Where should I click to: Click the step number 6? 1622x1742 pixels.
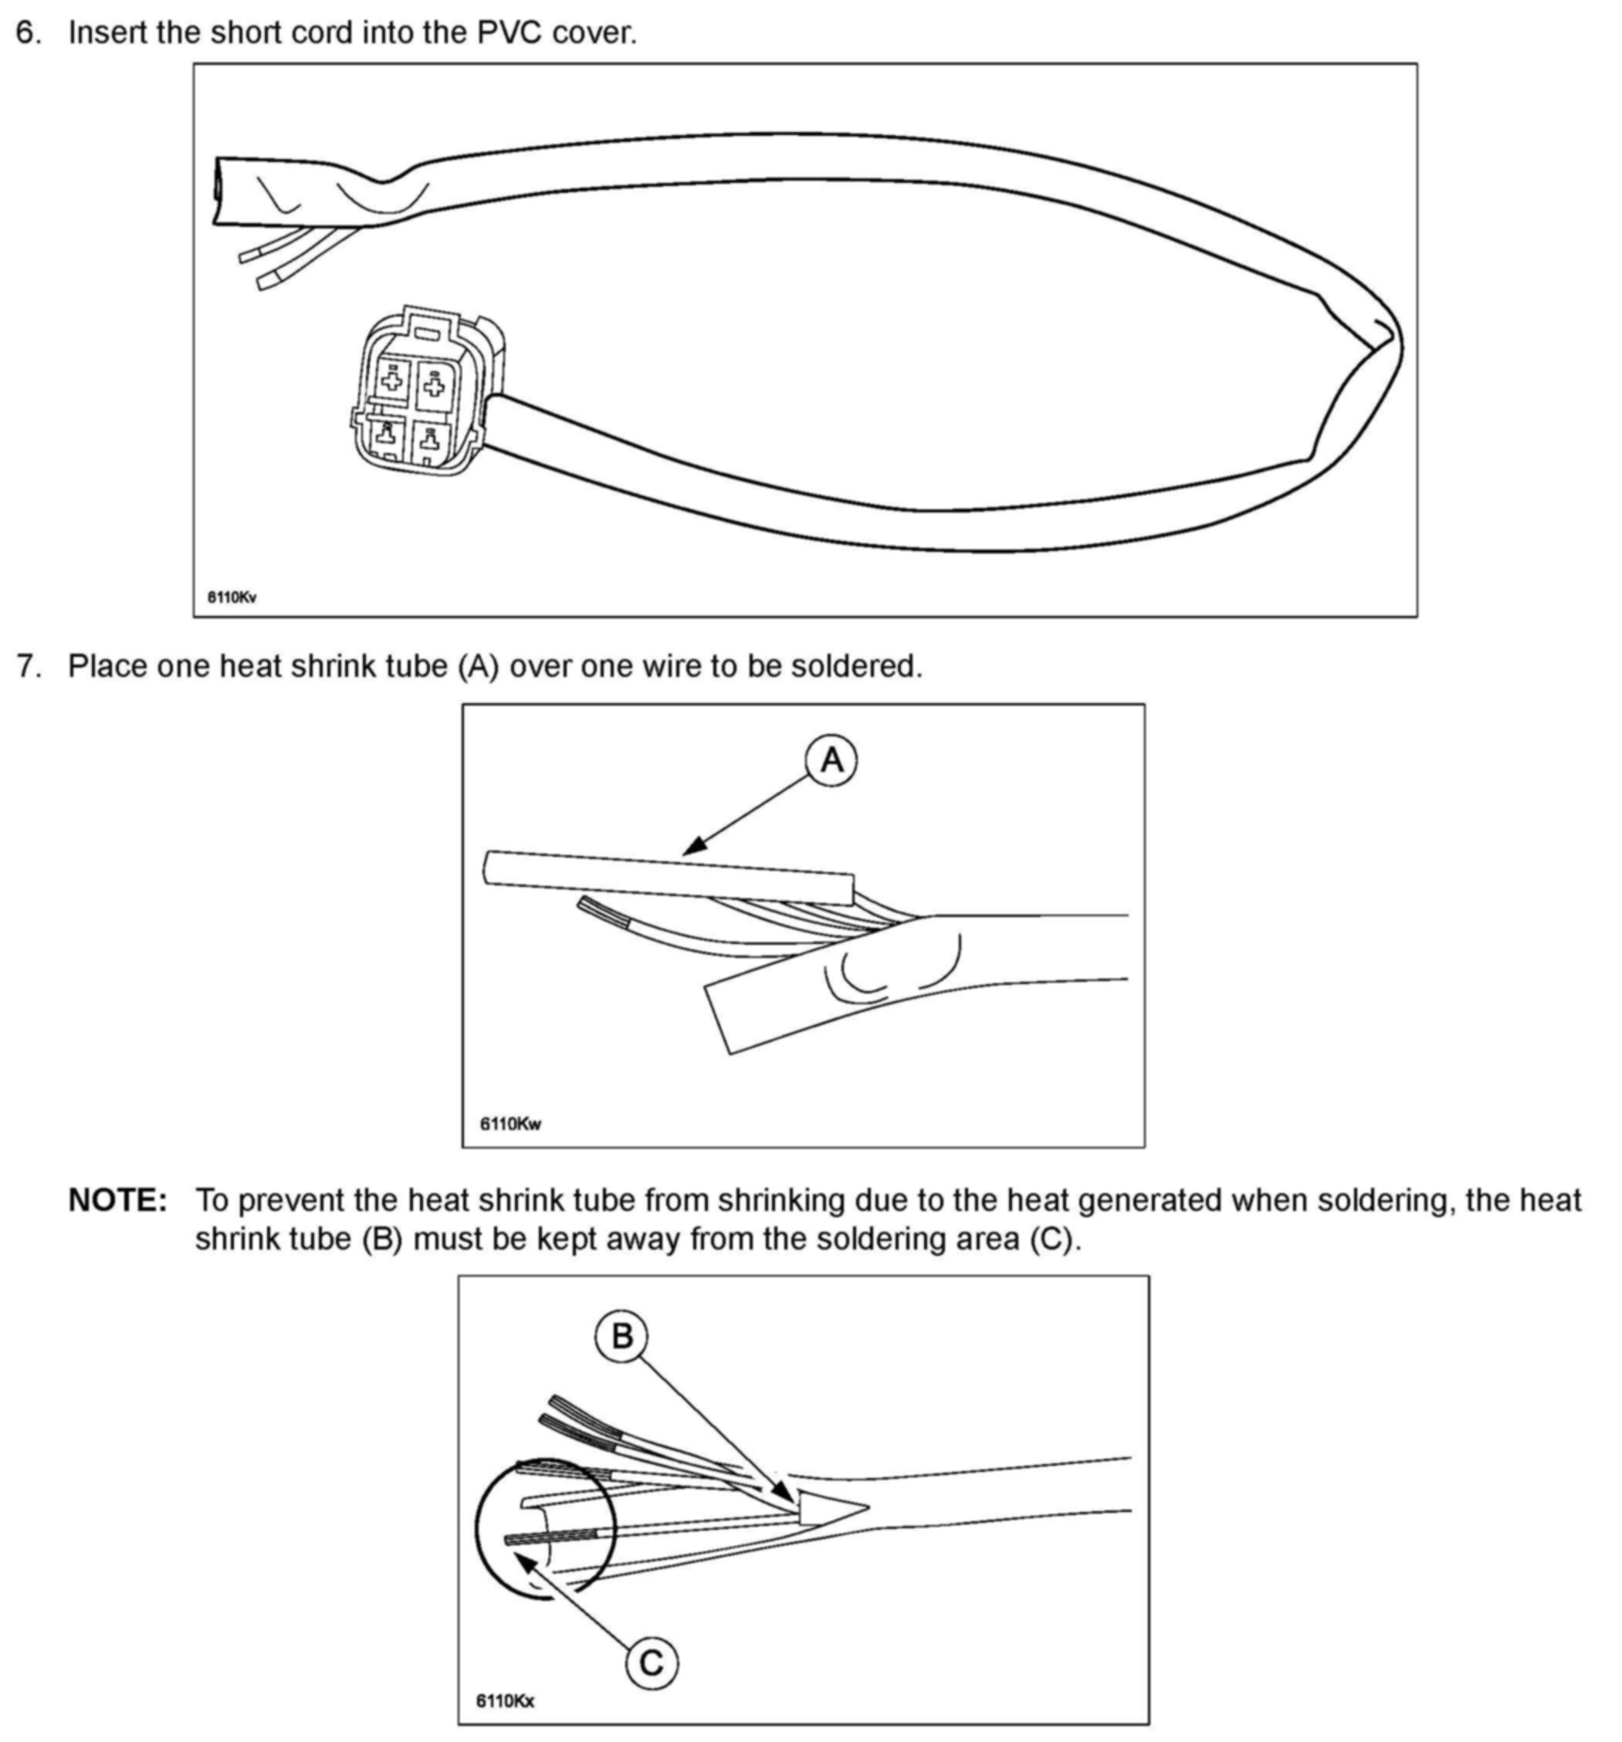(28, 33)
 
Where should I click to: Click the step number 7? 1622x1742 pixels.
(28, 667)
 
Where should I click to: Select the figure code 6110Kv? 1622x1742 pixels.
(232, 597)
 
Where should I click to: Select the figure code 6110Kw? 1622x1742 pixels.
(510, 1123)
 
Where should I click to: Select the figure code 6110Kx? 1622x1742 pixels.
(505, 1700)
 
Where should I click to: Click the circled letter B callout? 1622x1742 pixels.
(621, 1336)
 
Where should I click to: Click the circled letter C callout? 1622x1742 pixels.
(651, 1663)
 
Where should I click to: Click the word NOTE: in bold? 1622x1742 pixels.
(117, 1199)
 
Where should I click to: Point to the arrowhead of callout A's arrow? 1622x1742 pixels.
(690, 848)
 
